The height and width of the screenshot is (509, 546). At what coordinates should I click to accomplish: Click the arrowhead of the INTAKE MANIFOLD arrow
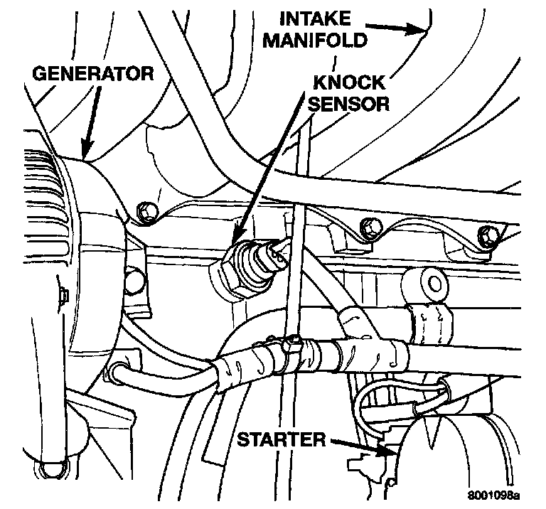(x=422, y=31)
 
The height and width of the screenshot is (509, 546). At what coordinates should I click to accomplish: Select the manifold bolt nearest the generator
(x=146, y=210)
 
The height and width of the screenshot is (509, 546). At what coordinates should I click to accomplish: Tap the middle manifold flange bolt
(x=370, y=228)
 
